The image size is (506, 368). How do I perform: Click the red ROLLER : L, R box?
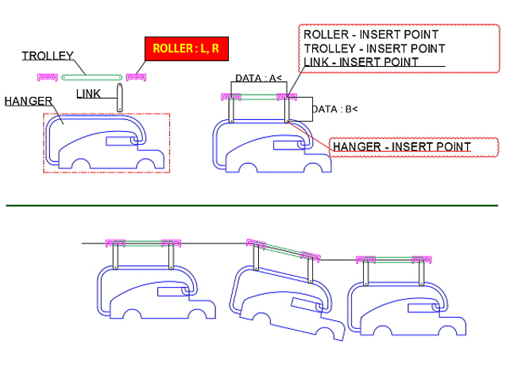[x=186, y=49]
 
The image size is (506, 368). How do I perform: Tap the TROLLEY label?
[x=47, y=56]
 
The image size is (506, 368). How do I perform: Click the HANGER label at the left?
[x=28, y=101]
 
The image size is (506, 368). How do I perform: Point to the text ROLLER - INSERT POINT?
[x=370, y=36]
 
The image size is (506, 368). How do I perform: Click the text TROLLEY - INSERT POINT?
[x=374, y=48]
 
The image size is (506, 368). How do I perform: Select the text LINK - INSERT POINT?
[x=361, y=61]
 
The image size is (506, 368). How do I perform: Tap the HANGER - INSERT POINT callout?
[x=401, y=147]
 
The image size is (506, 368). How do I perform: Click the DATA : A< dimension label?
[x=258, y=78]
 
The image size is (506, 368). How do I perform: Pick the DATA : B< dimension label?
[x=334, y=109]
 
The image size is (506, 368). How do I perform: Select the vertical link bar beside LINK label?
[x=118, y=97]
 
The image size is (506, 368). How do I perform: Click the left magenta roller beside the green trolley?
[x=47, y=77]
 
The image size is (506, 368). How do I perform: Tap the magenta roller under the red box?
[x=136, y=77]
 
